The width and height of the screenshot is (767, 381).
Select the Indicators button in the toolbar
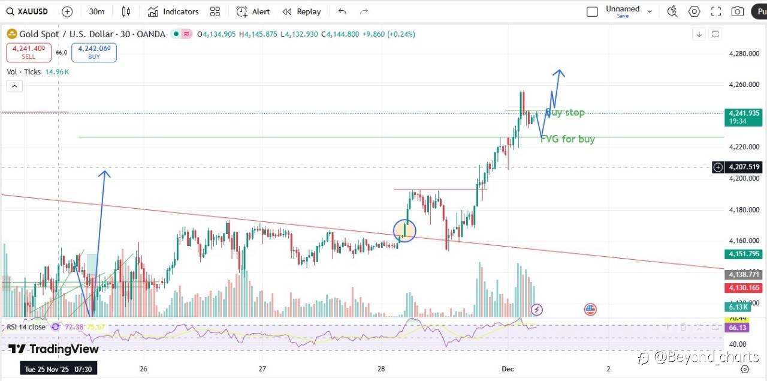click(x=173, y=11)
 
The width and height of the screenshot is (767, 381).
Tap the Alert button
click(x=253, y=11)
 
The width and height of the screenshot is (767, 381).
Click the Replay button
click(x=301, y=11)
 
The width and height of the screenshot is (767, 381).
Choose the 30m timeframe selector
click(x=96, y=11)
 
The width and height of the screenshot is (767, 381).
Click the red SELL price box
click(x=29, y=52)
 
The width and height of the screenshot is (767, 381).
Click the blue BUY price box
click(x=94, y=52)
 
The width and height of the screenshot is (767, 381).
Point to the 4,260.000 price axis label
click(x=744, y=85)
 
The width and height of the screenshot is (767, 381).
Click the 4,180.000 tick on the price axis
click(x=744, y=209)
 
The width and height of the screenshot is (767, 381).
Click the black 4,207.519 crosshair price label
click(x=744, y=167)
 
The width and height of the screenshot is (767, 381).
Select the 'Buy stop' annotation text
click(x=566, y=112)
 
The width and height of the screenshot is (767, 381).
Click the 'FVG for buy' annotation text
click(x=568, y=139)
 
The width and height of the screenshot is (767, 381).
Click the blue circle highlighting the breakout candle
click(x=404, y=231)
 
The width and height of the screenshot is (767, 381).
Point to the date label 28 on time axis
click(x=382, y=368)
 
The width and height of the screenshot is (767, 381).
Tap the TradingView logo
click(x=53, y=349)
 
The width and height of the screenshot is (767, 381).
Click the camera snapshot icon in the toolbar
click(x=738, y=11)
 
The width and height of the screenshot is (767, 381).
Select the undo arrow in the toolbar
click(x=342, y=11)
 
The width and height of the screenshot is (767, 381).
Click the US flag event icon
click(x=590, y=310)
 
